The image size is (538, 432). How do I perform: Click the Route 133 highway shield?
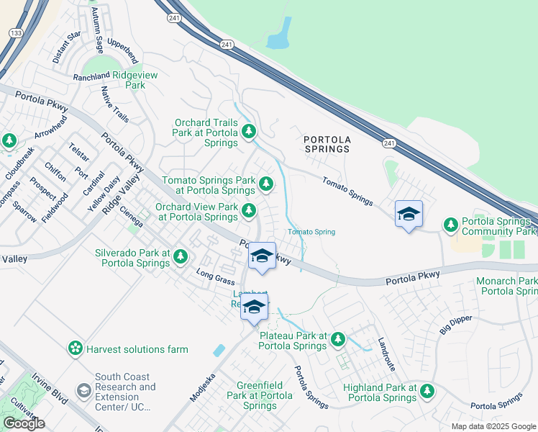point(14,33)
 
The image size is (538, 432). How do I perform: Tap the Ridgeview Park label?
point(120,80)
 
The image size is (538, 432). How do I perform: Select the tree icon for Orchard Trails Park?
point(249,131)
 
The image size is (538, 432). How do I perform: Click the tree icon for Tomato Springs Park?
point(266,185)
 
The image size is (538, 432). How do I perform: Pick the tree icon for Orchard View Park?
point(249,210)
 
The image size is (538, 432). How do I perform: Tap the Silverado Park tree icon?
point(180,256)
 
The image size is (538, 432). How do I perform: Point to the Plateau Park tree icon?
point(337,338)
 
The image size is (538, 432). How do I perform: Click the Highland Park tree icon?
point(427,391)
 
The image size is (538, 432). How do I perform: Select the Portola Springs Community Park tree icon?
point(451,225)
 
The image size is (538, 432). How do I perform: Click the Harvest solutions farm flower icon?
point(75,349)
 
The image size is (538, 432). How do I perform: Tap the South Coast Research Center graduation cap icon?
point(84,390)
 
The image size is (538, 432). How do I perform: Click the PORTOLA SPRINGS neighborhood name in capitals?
point(326,144)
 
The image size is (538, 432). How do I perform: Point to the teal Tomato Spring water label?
point(311,232)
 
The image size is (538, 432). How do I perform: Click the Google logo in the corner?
point(24,423)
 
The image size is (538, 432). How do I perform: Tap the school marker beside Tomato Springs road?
point(408,215)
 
